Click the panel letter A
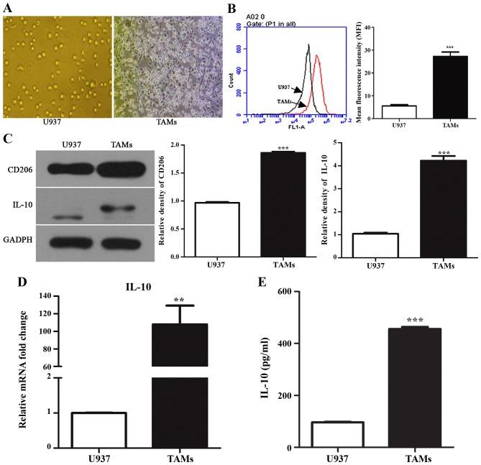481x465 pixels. point(8,6)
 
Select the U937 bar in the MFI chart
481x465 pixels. point(400,111)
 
